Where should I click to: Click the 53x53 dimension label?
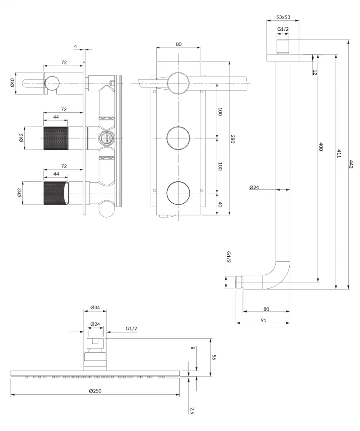pyautogui.click(x=283, y=17)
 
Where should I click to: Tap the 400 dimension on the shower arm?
pyautogui.click(x=321, y=147)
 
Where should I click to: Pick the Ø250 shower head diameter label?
pyautogui.click(x=95, y=391)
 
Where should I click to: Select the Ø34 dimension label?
pyautogui.click(x=95, y=308)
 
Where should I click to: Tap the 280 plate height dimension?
pyautogui.click(x=232, y=139)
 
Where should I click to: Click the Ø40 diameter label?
pyautogui.click(x=13, y=82)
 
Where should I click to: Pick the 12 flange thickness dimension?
pyautogui.click(x=315, y=72)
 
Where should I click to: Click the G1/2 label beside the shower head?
pyautogui.click(x=131, y=328)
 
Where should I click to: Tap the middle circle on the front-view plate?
pyautogui.click(x=179, y=137)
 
